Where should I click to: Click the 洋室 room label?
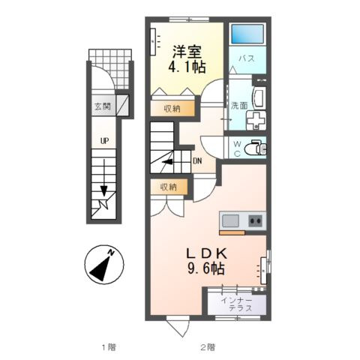click(x=187, y=52)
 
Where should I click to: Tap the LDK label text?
click(x=207, y=253)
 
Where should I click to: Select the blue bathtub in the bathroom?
click(x=247, y=34)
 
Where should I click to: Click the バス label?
click(x=247, y=58)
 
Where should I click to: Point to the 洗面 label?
click(x=239, y=106)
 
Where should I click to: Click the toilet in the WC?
click(x=256, y=149)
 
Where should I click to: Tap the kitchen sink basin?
click(x=230, y=221)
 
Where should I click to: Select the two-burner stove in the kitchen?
click(x=255, y=221)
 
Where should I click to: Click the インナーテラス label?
click(x=237, y=304)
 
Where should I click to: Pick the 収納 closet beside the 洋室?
click(x=172, y=109)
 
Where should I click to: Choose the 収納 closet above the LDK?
click(x=169, y=187)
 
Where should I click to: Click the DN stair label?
click(x=197, y=161)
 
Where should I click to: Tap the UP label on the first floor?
click(x=104, y=141)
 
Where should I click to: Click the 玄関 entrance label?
click(x=103, y=106)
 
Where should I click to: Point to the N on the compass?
click(x=111, y=253)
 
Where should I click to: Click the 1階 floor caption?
click(x=109, y=347)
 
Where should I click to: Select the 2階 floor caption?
click(x=208, y=347)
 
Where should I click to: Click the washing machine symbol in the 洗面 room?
click(x=256, y=121)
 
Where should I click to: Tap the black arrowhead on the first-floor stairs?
click(x=104, y=191)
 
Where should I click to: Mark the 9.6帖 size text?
click(x=205, y=268)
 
